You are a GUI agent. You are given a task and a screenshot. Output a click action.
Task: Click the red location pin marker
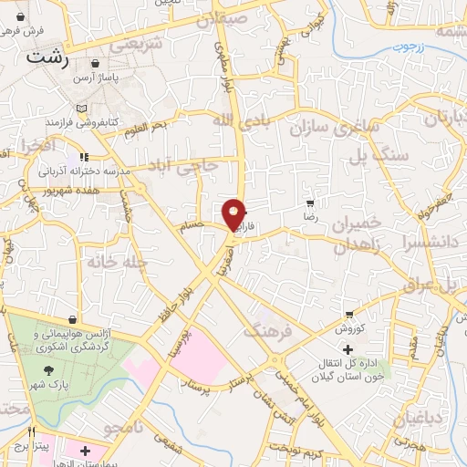coord(234,213)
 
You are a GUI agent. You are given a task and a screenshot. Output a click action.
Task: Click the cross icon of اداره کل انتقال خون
coord(346,349)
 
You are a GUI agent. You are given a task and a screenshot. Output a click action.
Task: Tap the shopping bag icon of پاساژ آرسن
coord(98,64)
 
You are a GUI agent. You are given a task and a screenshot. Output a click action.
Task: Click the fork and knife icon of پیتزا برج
coord(32,431)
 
